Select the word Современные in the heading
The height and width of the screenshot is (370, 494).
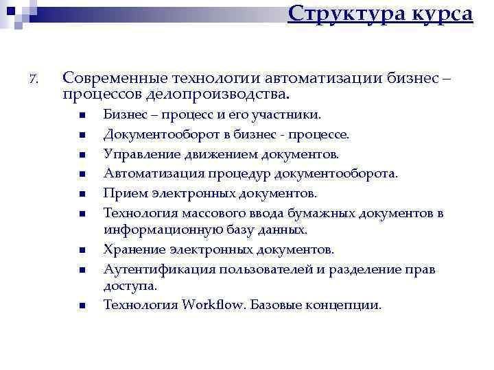point(110,77)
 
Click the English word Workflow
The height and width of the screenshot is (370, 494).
point(213,304)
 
